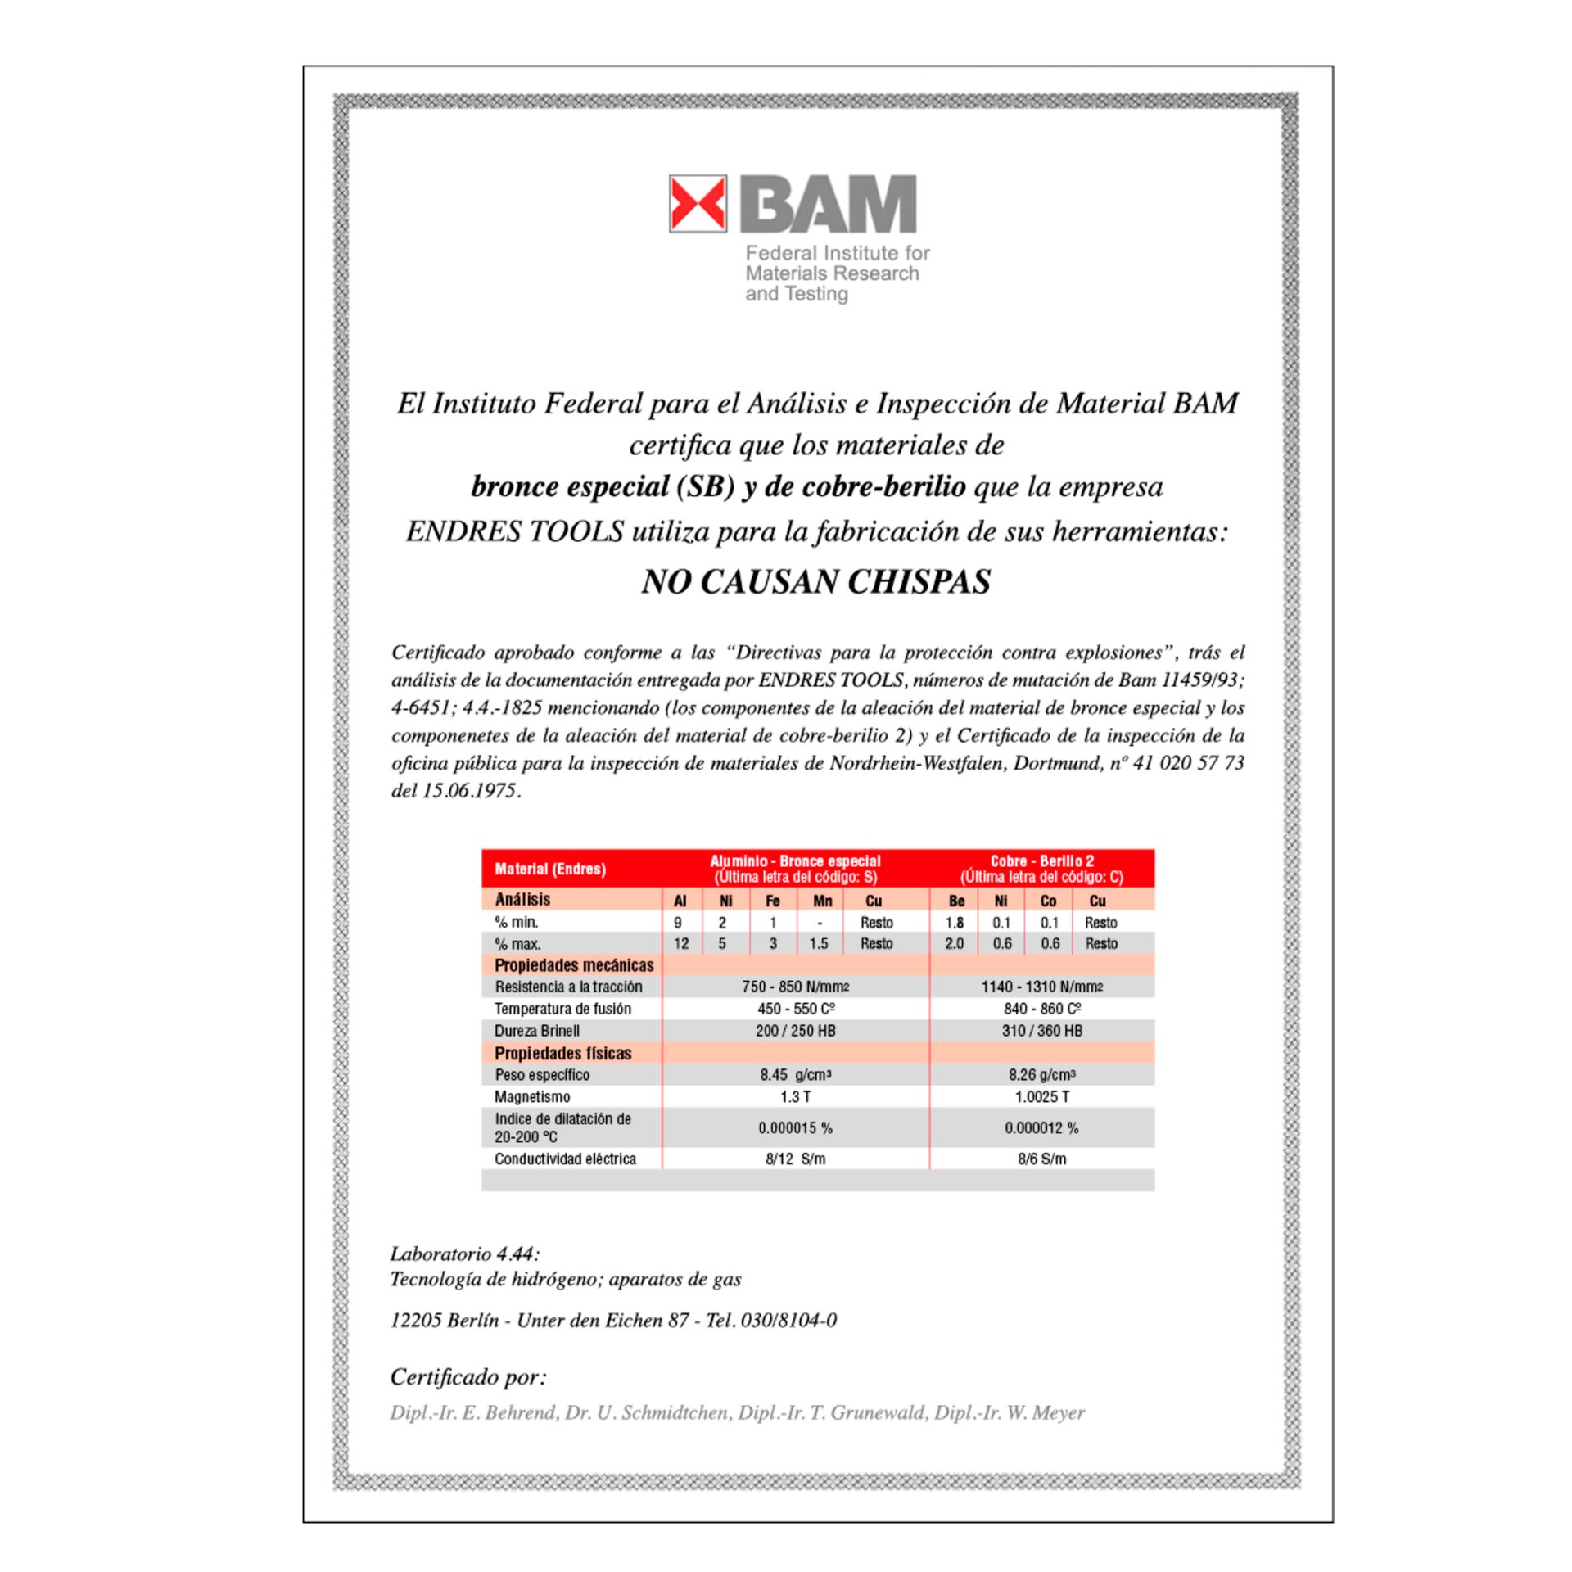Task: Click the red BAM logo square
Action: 698,203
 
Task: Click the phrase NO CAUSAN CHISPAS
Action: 815,582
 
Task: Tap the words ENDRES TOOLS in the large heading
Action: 515,532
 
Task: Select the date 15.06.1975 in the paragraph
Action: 470,791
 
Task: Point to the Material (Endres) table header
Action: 550,870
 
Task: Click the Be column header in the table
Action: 955,901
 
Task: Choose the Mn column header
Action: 822,901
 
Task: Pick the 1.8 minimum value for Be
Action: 955,923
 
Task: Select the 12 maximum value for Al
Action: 681,944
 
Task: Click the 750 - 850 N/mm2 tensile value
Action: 795,987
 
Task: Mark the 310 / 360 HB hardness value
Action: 1041,1031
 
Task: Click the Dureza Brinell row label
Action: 537,1031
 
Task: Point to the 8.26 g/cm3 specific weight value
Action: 1041,1075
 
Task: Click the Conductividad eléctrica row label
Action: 565,1159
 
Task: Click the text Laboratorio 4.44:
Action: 464,1254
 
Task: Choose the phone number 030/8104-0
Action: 788,1321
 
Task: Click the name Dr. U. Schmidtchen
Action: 647,1413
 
